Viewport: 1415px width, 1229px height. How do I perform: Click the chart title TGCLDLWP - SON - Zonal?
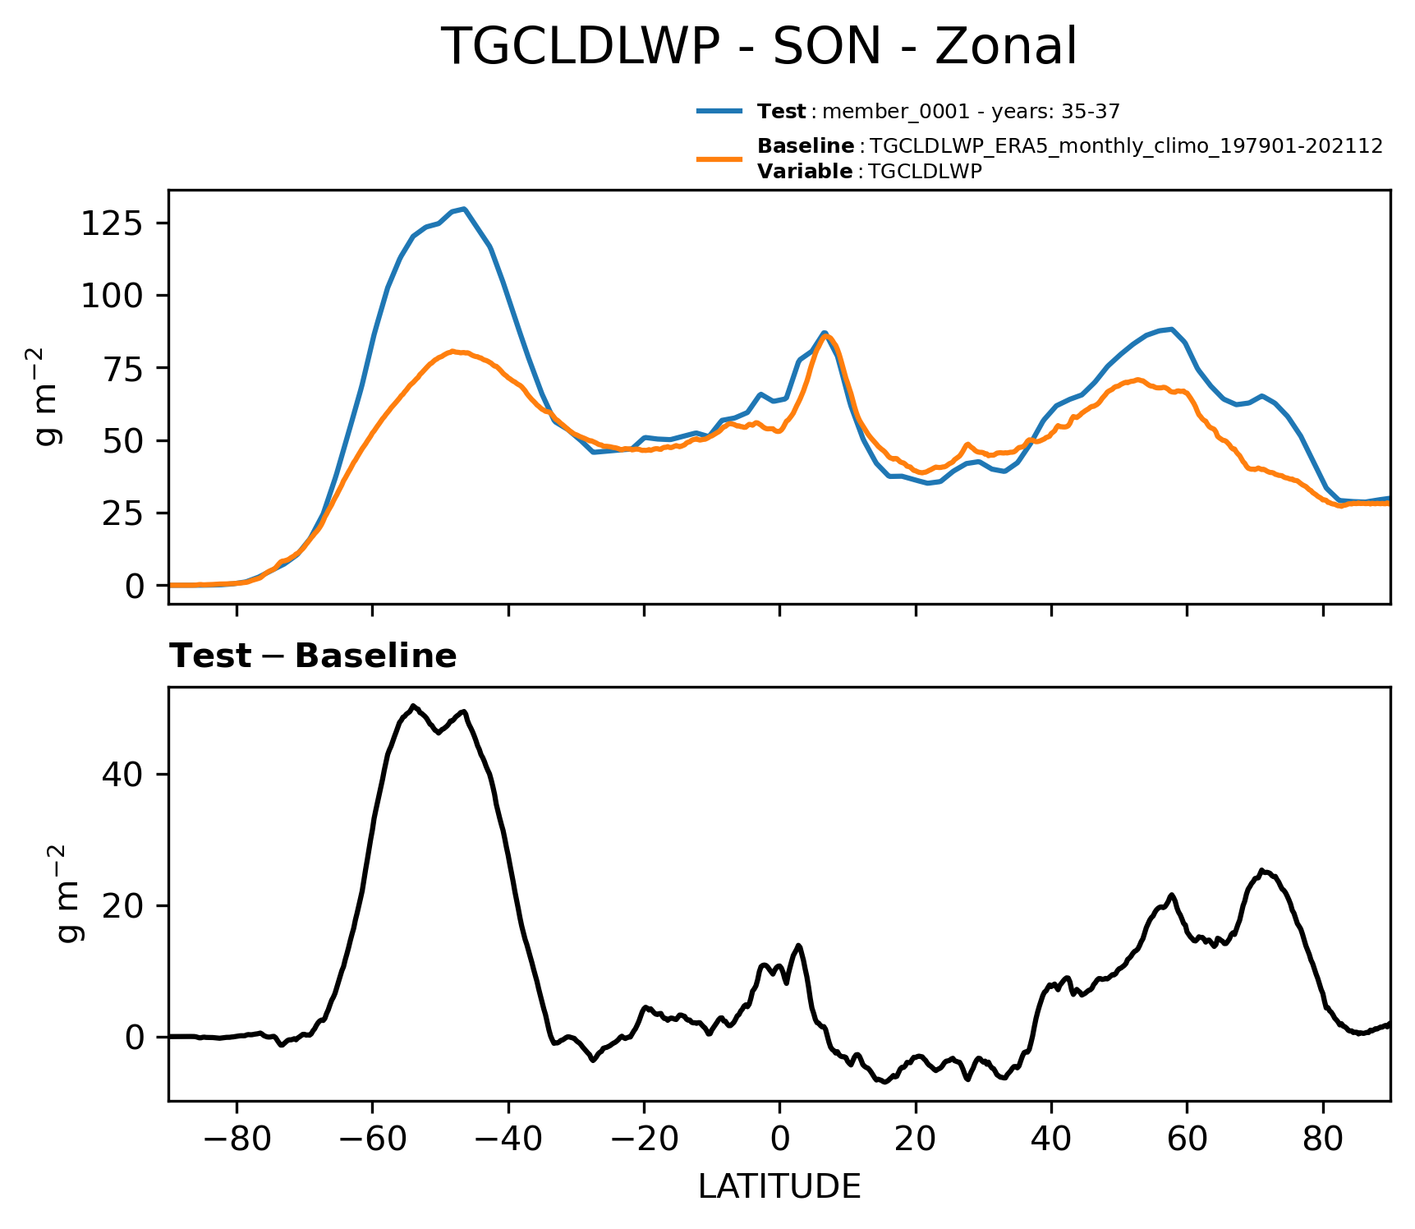click(x=758, y=47)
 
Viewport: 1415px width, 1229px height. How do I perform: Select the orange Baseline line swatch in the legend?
click(x=719, y=159)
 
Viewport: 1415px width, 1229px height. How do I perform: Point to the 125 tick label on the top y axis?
click(x=113, y=223)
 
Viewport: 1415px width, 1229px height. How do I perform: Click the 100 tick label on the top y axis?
click(x=113, y=296)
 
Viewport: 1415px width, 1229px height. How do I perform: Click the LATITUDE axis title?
click(x=779, y=1186)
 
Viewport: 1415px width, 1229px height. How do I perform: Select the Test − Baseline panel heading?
click(x=313, y=656)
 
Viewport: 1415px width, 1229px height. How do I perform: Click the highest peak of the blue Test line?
click(x=465, y=209)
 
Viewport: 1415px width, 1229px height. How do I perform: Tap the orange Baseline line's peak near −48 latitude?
click(x=453, y=351)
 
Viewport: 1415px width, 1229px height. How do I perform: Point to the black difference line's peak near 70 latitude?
click(x=1263, y=871)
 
